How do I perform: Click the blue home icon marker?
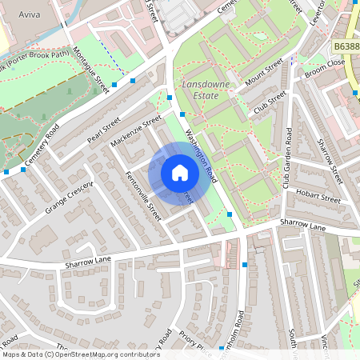[179, 173]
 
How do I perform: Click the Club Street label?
[270, 102]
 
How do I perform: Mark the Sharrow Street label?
[329, 159]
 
